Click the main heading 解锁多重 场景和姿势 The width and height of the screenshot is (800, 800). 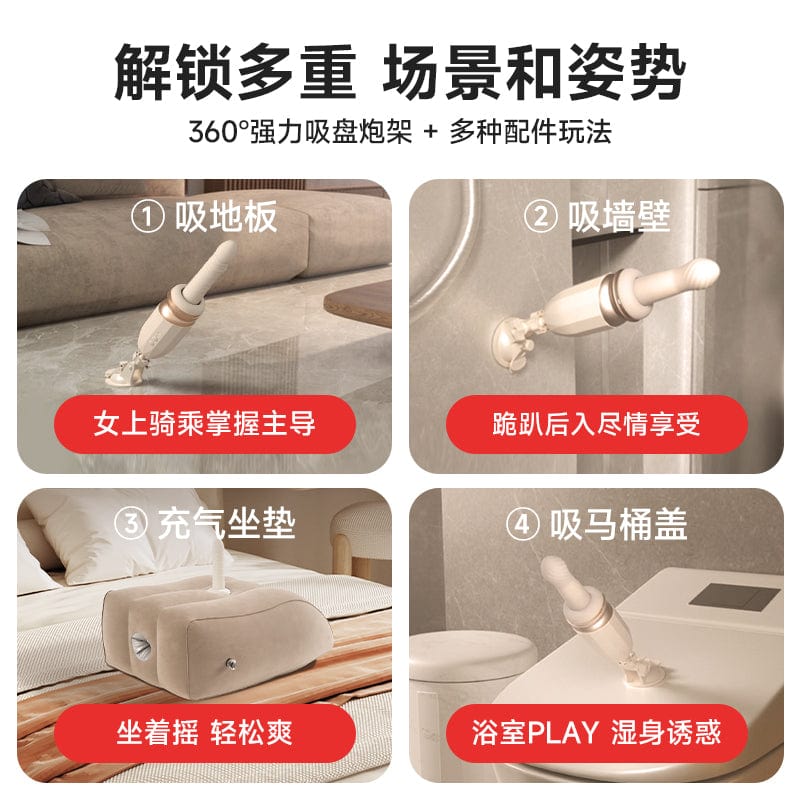tap(399, 72)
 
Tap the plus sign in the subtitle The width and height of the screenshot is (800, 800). tap(431, 132)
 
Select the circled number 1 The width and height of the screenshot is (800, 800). tap(148, 217)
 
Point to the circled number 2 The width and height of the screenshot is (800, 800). tap(541, 217)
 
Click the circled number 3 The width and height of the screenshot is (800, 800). tap(131, 524)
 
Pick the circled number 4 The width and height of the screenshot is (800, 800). tap(523, 524)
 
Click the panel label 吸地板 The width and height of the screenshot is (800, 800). tap(226, 217)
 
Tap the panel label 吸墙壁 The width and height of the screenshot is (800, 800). tap(619, 217)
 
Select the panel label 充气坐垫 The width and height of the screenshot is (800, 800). tap(227, 524)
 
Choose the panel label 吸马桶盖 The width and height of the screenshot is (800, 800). tap(619, 524)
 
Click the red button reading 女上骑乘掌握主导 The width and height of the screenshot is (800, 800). tap(205, 424)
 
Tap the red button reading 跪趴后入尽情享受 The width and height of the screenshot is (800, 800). tap(596, 424)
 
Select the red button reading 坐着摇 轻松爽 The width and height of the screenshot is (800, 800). tap(205, 733)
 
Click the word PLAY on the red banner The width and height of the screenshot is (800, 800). tap(563, 733)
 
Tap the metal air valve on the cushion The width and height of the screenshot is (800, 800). tap(231, 664)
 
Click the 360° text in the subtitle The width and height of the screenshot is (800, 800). tap(218, 132)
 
